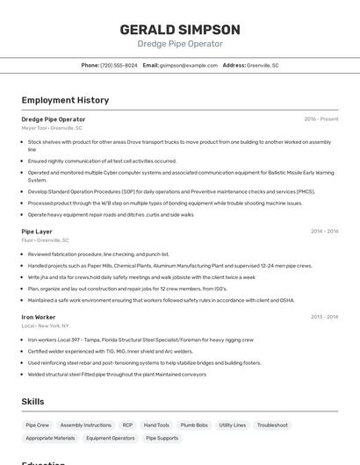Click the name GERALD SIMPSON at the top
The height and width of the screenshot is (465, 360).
click(x=179, y=29)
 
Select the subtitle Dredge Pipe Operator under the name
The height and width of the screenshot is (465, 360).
click(x=179, y=44)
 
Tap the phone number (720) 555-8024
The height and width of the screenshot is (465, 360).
click(x=119, y=65)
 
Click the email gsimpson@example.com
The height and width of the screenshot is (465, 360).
click(x=188, y=65)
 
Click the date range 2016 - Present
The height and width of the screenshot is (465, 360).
click(x=320, y=119)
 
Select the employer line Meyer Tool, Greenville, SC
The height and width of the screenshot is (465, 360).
click(x=52, y=128)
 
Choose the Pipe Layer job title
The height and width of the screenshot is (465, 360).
click(x=37, y=232)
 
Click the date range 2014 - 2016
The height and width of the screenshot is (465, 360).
click(x=324, y=232)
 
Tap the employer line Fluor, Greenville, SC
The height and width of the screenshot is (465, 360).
click(x=45, y=240)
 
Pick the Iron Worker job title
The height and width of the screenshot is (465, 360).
click(x=39, y=317)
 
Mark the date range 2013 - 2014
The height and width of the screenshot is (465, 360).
click(x=324, y=317)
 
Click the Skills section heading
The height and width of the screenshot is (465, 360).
click(x=33, y=402)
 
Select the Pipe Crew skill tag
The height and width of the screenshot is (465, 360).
click(x=38, y=425)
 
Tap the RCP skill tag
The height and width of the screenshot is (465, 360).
click(x=127, y=425)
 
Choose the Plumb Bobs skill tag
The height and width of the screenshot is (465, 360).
click(x=194, y=425)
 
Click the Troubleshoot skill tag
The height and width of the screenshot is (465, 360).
click(x=272, y=425)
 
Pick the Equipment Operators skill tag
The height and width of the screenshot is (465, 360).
click(x=111, y=438)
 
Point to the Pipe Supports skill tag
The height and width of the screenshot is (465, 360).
click(x=162, y=438)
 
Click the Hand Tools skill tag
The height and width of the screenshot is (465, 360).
click(x=156, y=425)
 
